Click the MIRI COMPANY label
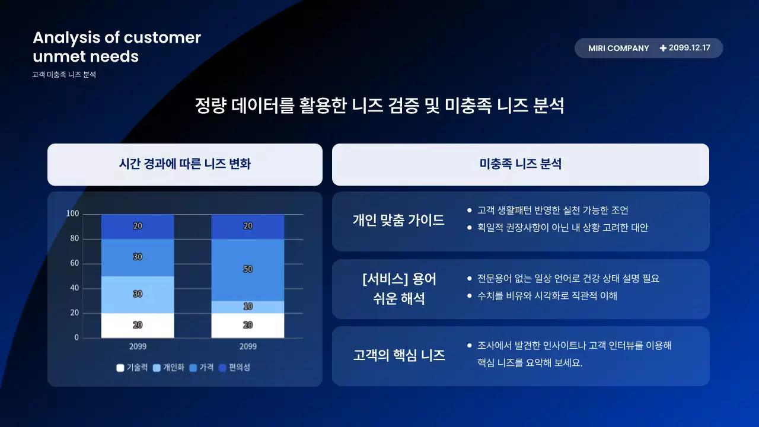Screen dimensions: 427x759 click(x=618, y=48)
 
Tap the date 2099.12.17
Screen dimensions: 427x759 click(x=689, y=48)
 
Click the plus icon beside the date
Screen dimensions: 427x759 click(x=663, y=48)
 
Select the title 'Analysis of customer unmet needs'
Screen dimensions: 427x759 click(x=117, y=47)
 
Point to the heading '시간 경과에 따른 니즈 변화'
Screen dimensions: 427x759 click(x=185, y=164)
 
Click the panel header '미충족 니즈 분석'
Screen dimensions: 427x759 click(x=520, y=164)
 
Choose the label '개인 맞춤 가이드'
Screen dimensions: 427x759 click(x=398, y=221)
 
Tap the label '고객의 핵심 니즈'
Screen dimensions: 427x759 click(x=399, y=355)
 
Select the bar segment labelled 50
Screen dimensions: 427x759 click(x=248, y=269)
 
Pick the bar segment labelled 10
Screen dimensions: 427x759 click(x=248, y=307)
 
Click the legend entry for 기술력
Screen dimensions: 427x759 click(x=132, y=368)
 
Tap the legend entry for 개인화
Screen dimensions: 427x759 click(x=169, y=368)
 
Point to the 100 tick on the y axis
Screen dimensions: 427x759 click(x=72, y=213)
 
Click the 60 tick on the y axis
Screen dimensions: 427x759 click(x=74, y=263)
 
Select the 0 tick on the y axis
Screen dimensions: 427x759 click(x=76, y=337)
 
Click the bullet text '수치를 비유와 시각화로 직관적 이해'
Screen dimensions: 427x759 click(x=547, y=295)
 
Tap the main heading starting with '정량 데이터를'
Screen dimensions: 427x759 click(x=379, y=106)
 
